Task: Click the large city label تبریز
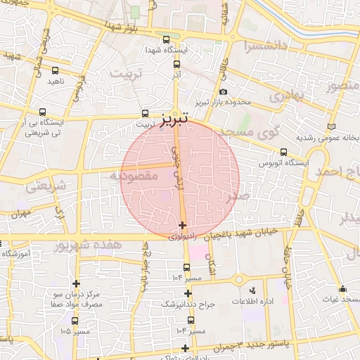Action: pos(174,120)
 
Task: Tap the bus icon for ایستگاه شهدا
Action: pos(166,40)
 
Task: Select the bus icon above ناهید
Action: pos(56,70)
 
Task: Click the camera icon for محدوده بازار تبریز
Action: pos(223,91)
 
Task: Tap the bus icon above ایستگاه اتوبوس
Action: pos(283,152)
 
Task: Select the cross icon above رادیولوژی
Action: pos(183,226)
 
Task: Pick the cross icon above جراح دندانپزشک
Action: pos(188,293)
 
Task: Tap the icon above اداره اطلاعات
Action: pos(253,290)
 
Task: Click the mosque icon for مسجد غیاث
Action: pos(342,288)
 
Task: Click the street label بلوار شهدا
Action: pos(120,25)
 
